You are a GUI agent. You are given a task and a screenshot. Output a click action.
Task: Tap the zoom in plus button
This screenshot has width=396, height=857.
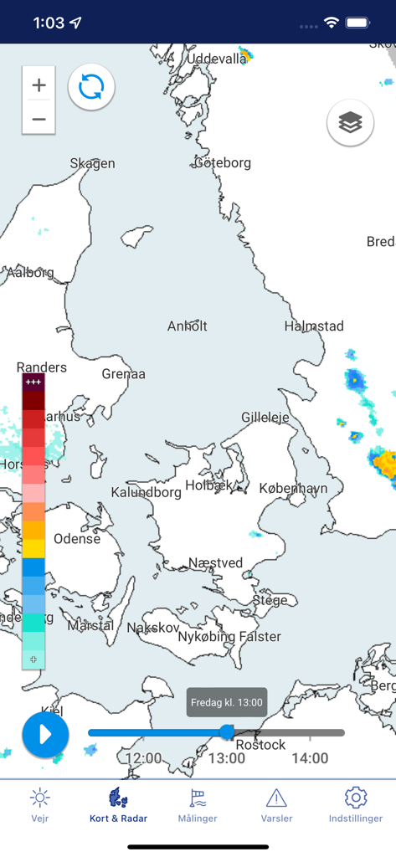[x=39, y=85]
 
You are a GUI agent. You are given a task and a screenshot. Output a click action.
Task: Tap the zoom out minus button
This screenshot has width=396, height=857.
[x=39, y=119]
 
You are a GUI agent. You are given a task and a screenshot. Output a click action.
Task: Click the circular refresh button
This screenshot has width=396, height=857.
[x=91, y=86]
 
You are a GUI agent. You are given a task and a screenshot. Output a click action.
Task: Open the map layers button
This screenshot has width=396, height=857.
[x=350, y=123]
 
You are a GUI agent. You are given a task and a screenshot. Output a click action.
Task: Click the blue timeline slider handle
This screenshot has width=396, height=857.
[x=227, y=732]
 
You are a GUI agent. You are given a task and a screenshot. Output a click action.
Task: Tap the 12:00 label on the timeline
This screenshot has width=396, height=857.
[x=143, y=758]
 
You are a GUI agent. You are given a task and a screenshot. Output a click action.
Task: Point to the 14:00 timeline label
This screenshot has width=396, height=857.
[x=310, y=758]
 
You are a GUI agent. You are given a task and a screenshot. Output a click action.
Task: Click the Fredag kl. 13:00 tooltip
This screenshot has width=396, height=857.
[x=227, y=703]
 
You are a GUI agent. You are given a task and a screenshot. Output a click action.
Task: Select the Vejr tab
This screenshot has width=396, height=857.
[x=39, y=805]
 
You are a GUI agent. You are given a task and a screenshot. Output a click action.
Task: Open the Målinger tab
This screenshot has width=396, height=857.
[x=198, y=805]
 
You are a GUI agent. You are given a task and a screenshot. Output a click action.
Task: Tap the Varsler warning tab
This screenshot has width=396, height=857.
[x=276, y=805]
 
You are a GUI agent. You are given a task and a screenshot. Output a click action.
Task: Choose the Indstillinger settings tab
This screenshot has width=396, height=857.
[x=356, y=805]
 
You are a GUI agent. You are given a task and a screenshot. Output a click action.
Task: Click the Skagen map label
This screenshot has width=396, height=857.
[x=92, y=163]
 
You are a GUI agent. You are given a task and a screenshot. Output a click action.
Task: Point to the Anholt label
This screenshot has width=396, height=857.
[x=187, y=326]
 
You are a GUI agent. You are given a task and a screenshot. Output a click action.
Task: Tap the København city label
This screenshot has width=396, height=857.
[x=293, y=488]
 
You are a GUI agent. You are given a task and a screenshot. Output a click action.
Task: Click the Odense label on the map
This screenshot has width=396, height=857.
[x=77, y=538]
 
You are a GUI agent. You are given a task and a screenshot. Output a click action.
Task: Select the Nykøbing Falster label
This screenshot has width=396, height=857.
[x=229, y=637]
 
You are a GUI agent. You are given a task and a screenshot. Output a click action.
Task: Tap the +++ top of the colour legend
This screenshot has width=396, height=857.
[x=33, y=382]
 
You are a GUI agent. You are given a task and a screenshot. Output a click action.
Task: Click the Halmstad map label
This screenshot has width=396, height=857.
[x=314, y=326]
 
